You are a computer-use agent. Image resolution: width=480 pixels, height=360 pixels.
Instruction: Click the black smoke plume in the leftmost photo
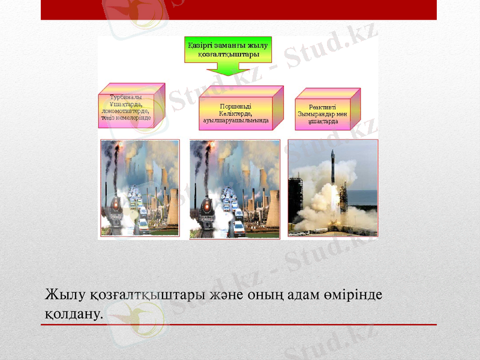click(x=112, y=157)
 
